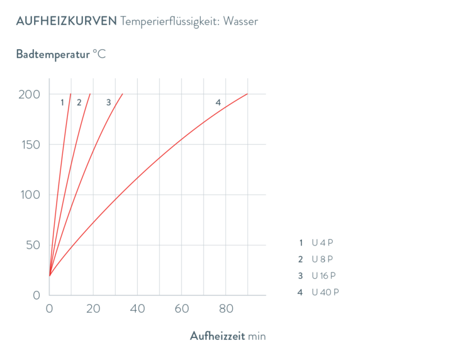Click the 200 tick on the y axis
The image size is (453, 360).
pyautogui.click(x=30, y=94)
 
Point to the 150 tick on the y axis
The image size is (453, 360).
pyautogui.click(x=30, y=145)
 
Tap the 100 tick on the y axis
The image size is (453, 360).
pyautogui.click(x=30, y=195)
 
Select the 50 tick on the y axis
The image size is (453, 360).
pyautogui.click(x=33, y=245)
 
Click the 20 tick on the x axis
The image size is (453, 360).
pyautogui.click(x=93, y=308)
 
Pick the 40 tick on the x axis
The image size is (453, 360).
pyautogui.click(x=137, y=308)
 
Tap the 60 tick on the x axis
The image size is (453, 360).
pyautogui.click(x=181, y=308)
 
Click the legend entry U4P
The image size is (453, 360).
pyautogui.click(x=320, y=242)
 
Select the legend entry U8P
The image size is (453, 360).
pyautogui.click(x=320, y=259)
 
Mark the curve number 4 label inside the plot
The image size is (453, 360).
pyautogui.click(x=218, y=102)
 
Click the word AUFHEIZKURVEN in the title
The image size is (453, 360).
pyautogui.click(x=66, y=21)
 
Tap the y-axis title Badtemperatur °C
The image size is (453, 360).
pyautogui.click(x=61, y=54)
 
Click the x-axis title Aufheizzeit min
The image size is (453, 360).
pyautogui.click(x=228, y=336)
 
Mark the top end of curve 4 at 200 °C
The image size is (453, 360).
pyautogui.click(x=247, y=94)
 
